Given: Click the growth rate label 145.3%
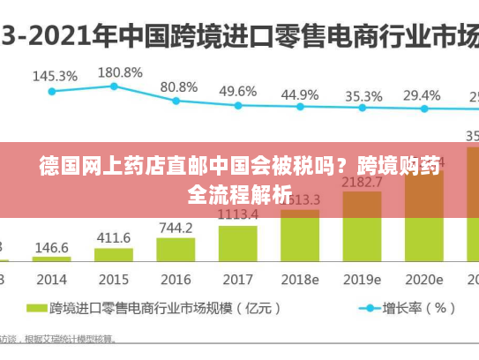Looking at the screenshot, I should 55,76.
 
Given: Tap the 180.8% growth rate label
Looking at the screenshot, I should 119,71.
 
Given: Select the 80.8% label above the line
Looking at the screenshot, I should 179,86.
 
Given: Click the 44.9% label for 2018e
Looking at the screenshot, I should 300,94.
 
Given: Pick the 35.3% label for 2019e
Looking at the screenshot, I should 363,96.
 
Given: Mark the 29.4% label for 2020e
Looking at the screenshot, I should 422,95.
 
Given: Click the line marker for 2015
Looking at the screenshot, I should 114,86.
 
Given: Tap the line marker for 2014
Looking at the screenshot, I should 52,91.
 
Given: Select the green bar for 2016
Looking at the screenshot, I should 176,249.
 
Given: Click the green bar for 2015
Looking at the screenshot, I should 114,255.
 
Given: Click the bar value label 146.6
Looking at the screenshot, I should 52,248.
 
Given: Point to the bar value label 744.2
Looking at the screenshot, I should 176,228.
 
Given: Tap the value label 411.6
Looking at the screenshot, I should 114,238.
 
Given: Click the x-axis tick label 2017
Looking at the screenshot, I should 238,279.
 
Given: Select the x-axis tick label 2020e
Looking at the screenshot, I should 424,279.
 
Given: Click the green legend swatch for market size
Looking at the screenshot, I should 37,309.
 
